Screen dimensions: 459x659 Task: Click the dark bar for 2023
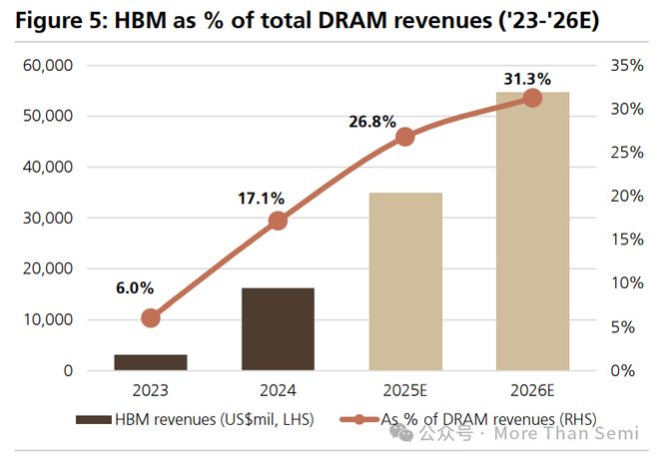pyautogui.click(x=151, y=362)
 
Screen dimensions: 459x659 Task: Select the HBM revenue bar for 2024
pyautogui.click(x=278, y=329)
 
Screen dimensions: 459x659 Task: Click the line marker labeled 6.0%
pyautogui.click(x=151, y=318)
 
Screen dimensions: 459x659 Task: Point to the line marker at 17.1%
pyautogui.click(x=278, y=222)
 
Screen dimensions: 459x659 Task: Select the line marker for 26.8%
pyautogui.click(x=405, y=137)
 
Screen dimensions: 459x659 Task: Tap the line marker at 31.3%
pyautogui.click(x=532, y=98)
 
